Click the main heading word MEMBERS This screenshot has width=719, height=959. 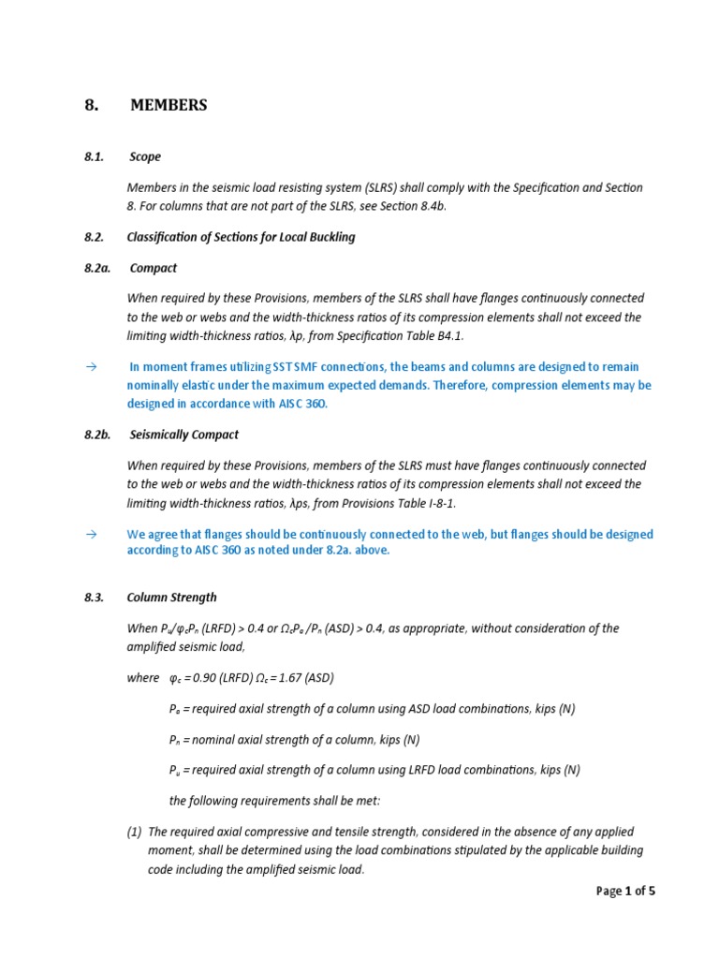169,106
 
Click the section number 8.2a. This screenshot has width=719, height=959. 97,268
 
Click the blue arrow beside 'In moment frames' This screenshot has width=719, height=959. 91,367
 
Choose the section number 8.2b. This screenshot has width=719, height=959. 97,435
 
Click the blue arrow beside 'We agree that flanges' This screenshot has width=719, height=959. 91,534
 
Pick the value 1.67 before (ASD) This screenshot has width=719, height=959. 301,678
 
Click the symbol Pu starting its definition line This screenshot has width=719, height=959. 174,771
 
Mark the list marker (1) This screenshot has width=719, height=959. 136,832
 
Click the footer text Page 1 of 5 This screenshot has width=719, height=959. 625,892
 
